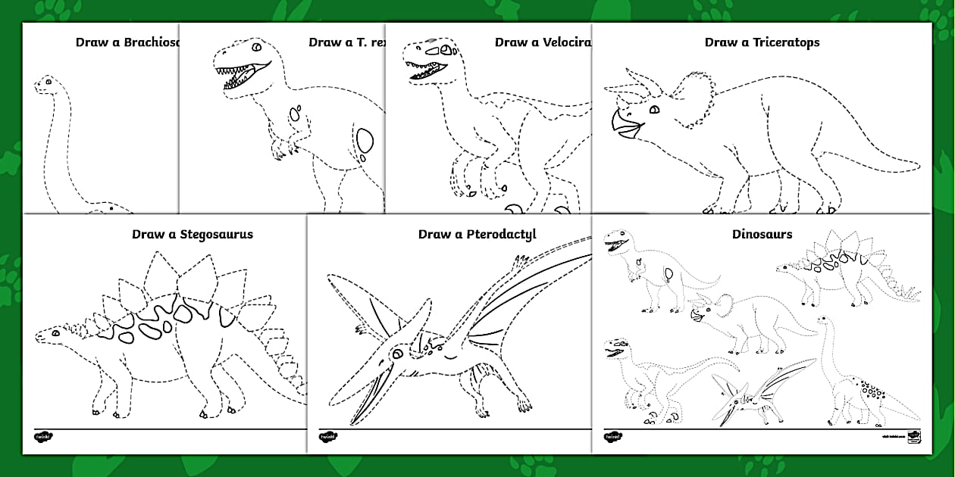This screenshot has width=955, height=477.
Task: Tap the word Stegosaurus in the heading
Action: pyautogui.click(x=216, y=234)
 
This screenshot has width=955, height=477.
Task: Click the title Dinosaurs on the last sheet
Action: pyautogui.click(x=762, y=234)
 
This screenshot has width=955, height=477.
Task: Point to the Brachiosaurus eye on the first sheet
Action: pyautogui.click(x=48, y=80)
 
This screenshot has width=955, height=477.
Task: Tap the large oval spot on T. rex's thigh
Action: pyautogui.click(x=365, y=142)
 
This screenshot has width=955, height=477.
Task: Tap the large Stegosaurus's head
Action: pyautogui.click(x=49, y=333)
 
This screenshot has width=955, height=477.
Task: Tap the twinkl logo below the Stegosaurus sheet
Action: pyautogui.click(x=41, y=436)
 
